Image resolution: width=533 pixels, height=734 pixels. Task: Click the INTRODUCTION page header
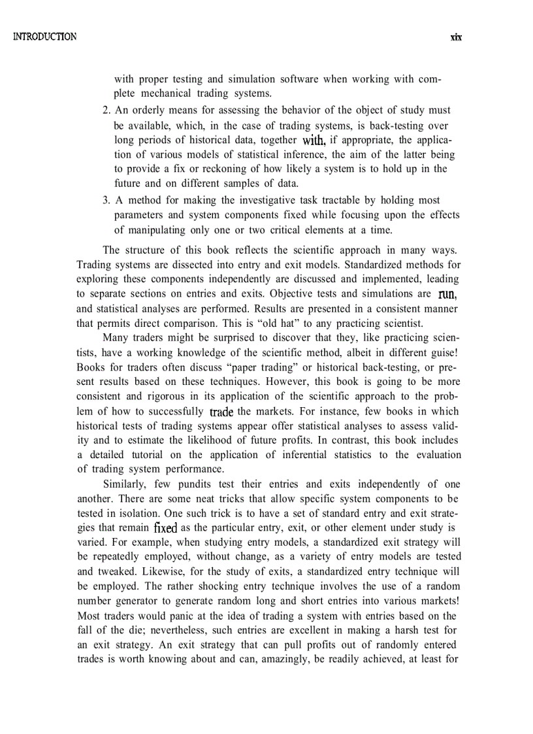click(x=44, y=37)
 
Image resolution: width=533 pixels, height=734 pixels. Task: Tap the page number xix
click(x=456, y=37)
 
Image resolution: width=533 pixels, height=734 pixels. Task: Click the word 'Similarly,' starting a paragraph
click(x=126, y=484)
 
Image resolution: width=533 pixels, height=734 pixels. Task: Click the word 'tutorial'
click(x=149, y=455)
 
